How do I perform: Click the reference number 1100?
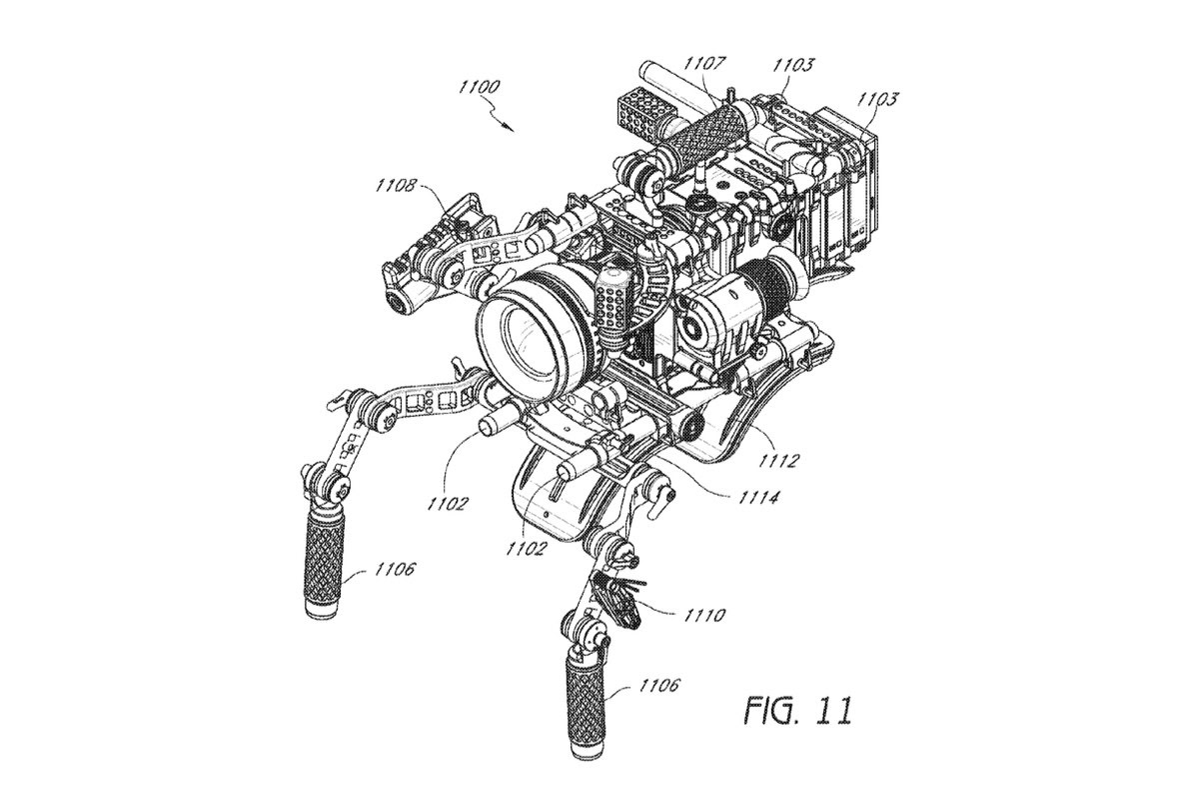pyautogui.click(x=480, y=87)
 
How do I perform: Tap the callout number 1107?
pyautogui.click(x=704, y=63)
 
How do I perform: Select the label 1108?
pyautogui.click(x=396, y=185)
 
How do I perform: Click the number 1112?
pyautogui.click(x=778, y=460)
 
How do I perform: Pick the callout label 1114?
pyautogui.click(x=758, y=498)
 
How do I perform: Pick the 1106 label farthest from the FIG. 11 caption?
pyautogui.click(x=394, y=569)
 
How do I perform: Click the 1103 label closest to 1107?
pyautogui.click(x=792, y=65)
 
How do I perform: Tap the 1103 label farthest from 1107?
pyautogui.click(x=878, y=99)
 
